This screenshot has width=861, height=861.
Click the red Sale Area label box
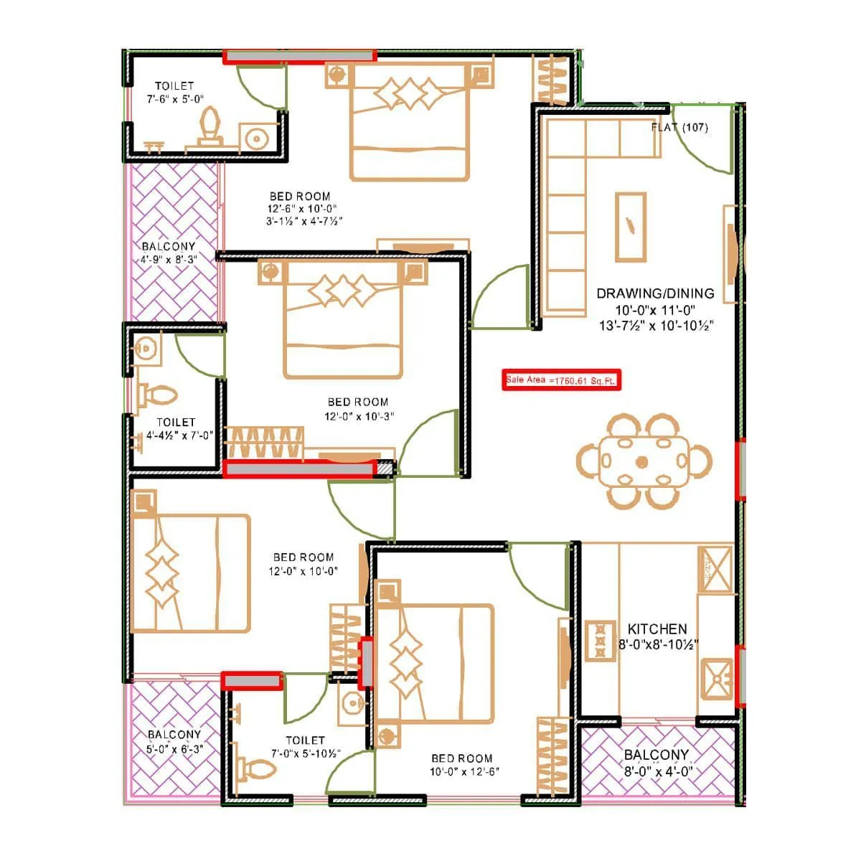[561, 380]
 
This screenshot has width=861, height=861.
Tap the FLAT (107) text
[679, 128]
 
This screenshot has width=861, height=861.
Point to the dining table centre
[642, 461]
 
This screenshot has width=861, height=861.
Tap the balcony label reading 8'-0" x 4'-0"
[656, 763]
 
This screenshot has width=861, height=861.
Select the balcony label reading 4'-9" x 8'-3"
[169, 253]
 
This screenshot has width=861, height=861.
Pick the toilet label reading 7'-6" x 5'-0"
[174, 93]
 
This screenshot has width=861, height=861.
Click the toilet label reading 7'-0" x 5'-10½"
[305, 747]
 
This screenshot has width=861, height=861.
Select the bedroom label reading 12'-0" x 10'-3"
[358, 409]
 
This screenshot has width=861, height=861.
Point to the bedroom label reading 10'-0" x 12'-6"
[462, 765]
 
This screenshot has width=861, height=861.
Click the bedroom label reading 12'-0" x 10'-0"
[304, 564]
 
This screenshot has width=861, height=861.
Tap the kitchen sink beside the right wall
[717, 677]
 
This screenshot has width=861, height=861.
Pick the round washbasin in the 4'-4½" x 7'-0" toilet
[146, 349]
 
